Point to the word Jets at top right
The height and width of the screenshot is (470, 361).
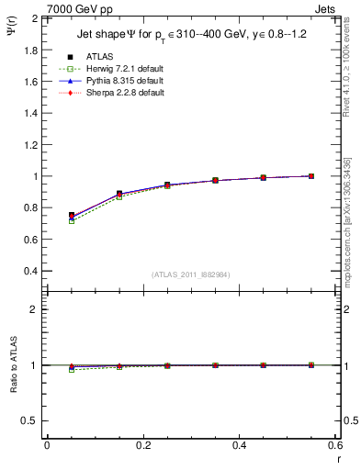pos(328,8)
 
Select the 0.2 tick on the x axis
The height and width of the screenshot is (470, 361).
pos(142,445)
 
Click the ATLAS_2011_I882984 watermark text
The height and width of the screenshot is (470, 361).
pos(190,274)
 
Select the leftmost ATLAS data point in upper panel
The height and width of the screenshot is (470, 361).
pos(72,215)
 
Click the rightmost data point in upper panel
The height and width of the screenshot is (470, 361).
pos(311,176)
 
